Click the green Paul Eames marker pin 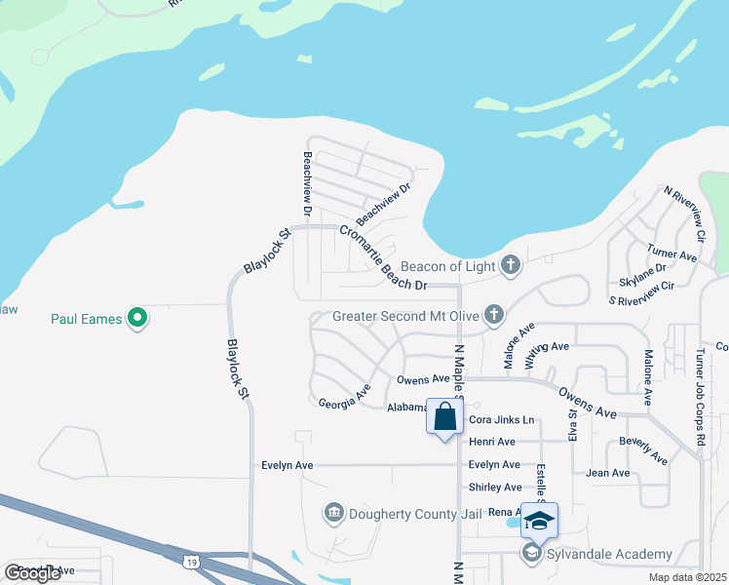tap(138, 318)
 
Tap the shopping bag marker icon tap(445, 417)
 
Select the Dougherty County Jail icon tap(333, 513)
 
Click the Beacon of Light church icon tap(510, 264)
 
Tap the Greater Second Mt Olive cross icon tap(495, 314)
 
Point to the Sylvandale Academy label tap(610, 554)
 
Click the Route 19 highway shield tap(191, 561)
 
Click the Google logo tap(32, 573)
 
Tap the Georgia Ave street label tap(344, 397)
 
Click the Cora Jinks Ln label tap(502, 420)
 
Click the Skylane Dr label tap(642, 274)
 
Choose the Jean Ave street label tap(608, 473)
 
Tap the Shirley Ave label tap(495, 487)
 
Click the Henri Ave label tap(492, 442)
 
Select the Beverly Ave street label tap(644, 449)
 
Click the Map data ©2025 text tap(688, 577)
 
